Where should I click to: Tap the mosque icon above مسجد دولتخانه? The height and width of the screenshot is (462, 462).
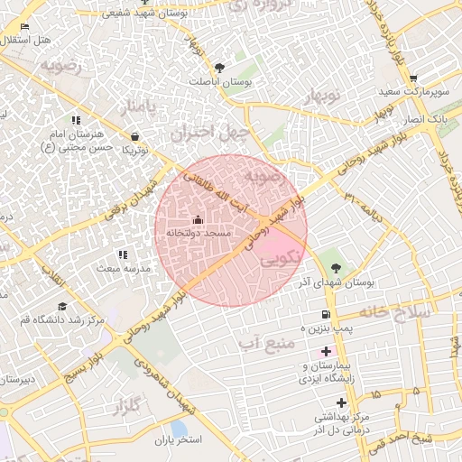[x=198, y=220]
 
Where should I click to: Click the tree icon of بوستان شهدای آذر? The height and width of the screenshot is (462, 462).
[x=337, y=267]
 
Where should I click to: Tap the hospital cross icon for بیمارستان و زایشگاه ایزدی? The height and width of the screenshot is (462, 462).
[x=326, y=350]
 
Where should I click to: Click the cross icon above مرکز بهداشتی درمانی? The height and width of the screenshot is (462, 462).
[x=341, y=402]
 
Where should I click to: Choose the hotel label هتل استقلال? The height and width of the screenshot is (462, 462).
[x=27, y=41]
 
